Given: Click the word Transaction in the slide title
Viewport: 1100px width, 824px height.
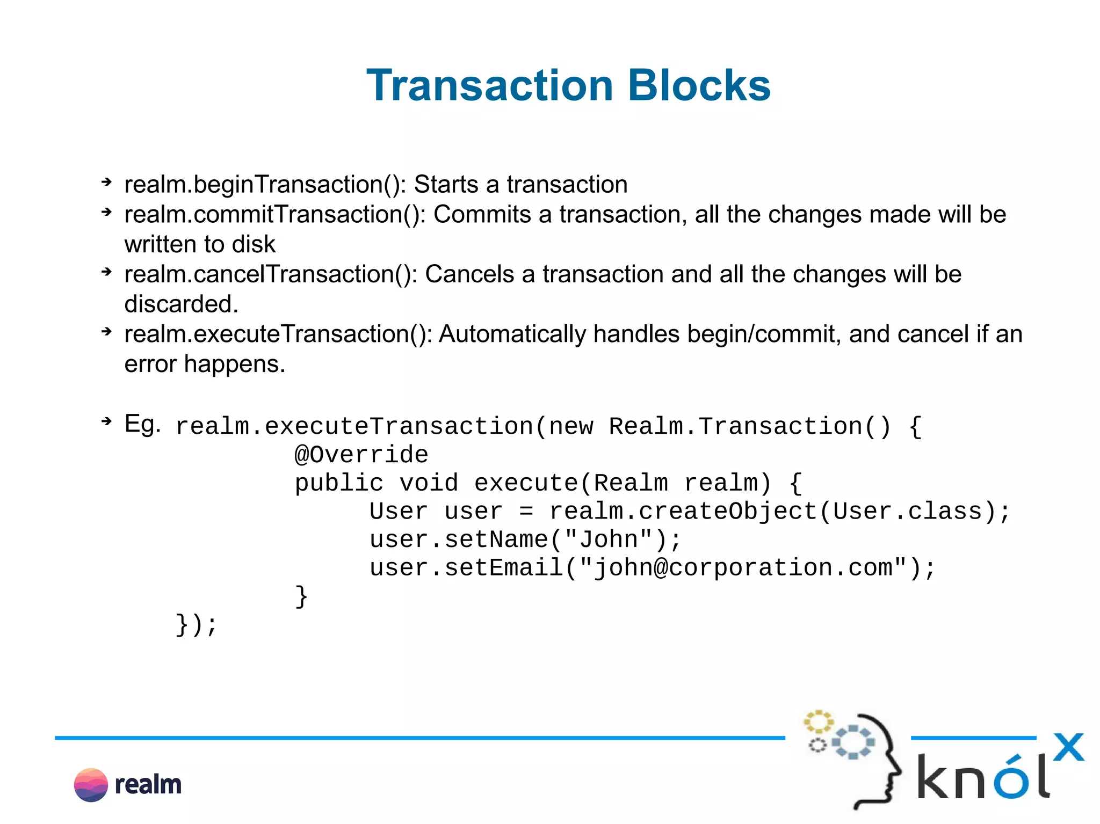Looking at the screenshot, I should pos(489,86).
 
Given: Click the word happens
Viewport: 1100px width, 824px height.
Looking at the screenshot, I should pos(234,364).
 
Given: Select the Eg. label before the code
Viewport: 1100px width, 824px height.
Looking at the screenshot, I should pos(142,424).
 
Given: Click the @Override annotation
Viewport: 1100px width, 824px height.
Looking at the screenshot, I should pos(361,455).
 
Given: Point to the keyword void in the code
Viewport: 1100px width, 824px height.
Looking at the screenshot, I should pos(429,483).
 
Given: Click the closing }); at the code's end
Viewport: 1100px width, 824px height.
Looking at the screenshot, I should pos(196,625).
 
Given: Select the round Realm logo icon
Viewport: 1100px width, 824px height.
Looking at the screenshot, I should pos(91,785).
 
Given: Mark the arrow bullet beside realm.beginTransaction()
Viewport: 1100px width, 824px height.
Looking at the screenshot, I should pos(106,183).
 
